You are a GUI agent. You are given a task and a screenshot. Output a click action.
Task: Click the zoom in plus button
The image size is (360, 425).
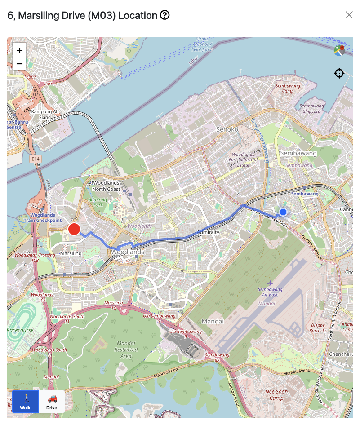(x=19, y=50)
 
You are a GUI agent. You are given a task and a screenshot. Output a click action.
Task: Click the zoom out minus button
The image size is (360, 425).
(x=19, y=64)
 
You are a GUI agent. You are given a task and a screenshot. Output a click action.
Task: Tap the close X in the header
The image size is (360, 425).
(x=349, y=15)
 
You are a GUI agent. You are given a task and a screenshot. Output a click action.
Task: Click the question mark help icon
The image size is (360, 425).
(x=165, y=15)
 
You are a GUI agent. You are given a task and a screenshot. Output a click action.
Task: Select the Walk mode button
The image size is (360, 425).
(x=25, y=402)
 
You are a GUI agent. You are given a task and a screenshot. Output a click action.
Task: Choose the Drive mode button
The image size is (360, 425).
(x=52, y=402)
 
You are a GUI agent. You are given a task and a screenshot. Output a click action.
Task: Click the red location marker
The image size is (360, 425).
(x=74, y=229)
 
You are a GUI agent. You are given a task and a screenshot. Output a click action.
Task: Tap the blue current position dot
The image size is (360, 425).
(x=283, y=212)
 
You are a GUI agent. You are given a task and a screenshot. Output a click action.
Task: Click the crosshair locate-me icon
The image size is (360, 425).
(x=339, y=73)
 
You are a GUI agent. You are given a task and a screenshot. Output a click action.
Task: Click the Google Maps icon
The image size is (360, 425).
(x=339, y=50)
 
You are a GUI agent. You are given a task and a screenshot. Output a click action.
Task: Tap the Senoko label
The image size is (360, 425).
(x=227, y=129)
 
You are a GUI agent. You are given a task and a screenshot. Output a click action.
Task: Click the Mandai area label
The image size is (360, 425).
(x=213, y=322)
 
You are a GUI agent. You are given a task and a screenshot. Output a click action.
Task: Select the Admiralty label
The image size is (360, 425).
(x=209, y=232)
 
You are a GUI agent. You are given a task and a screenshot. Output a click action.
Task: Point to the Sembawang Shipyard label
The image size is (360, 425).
(x=311, y=108)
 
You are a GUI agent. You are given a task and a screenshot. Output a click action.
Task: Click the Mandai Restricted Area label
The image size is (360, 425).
(x=126, y=349)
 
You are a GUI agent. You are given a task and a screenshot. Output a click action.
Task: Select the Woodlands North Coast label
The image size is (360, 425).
(x=107, y=186)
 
